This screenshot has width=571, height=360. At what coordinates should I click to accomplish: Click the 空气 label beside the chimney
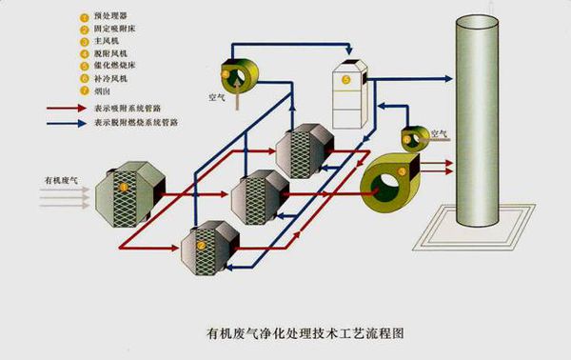[441, 132]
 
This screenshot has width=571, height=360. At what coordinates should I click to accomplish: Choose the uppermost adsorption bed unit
[303, 150]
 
